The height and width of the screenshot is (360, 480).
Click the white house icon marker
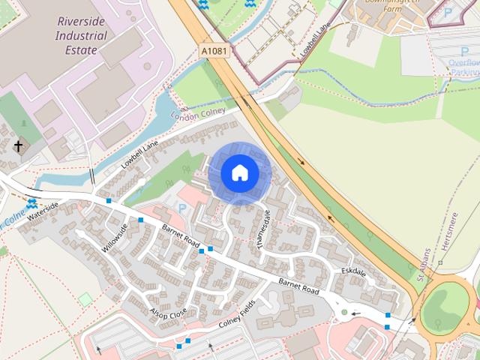coord(239,173)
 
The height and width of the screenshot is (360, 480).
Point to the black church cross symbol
coord(19,146)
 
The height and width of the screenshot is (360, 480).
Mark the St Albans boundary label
coord(424,265)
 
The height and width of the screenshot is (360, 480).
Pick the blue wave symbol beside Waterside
coord(31,203)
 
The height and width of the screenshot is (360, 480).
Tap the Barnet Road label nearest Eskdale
coord(299,286)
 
